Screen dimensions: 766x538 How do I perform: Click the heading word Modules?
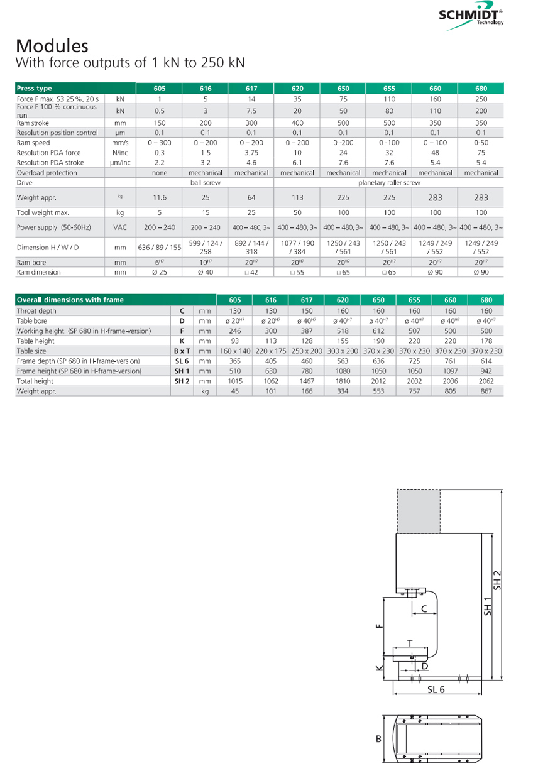coord(52,45)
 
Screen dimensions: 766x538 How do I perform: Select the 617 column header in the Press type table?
coord(251,89)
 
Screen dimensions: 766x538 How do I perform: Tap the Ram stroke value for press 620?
coord(297,123)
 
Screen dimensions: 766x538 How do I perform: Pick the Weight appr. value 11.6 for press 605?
coord(160,197)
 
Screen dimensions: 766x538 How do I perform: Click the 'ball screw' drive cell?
coord(206,183)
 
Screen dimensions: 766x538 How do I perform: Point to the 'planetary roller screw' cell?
coord(389,183)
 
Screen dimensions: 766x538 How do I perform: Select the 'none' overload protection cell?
coord(160,173)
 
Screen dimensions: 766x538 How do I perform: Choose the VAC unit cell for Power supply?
coord(120,227)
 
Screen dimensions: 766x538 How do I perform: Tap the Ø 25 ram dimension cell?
coord(160,272)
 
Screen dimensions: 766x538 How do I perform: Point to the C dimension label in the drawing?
coord(424,608)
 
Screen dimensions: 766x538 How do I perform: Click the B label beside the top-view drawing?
coord(379,739)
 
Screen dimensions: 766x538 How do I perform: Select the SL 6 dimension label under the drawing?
coord(436,689)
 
